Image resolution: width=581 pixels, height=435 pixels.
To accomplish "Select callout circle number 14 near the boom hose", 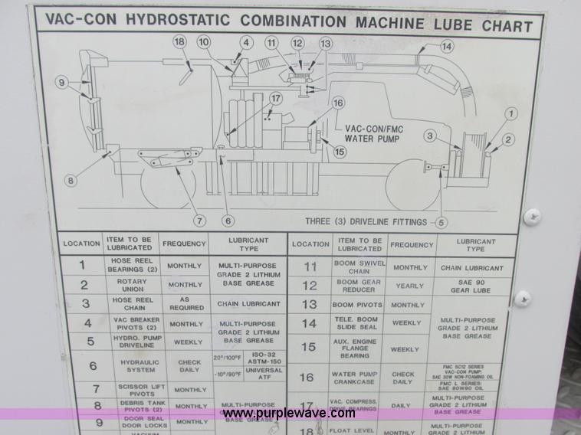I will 446,47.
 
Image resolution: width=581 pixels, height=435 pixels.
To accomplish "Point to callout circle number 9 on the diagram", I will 62,83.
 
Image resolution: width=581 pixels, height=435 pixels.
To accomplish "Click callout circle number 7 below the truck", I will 200,221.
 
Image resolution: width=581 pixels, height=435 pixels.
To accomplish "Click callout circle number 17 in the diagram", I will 276,98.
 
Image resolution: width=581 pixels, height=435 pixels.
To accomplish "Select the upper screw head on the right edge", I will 531,217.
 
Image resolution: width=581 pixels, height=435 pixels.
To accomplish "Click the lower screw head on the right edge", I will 522,298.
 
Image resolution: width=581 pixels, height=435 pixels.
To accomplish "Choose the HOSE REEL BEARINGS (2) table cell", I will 134,265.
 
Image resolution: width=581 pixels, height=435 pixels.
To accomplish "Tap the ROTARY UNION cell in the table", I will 134,284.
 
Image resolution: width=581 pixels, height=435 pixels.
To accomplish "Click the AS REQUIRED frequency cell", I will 185,304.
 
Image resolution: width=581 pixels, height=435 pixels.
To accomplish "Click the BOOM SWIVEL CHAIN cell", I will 359,267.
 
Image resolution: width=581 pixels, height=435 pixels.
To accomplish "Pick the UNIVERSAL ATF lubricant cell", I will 263,374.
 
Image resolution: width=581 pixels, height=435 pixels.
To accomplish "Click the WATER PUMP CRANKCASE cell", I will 359,377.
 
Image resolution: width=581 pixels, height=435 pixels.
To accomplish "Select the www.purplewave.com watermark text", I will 289,414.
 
